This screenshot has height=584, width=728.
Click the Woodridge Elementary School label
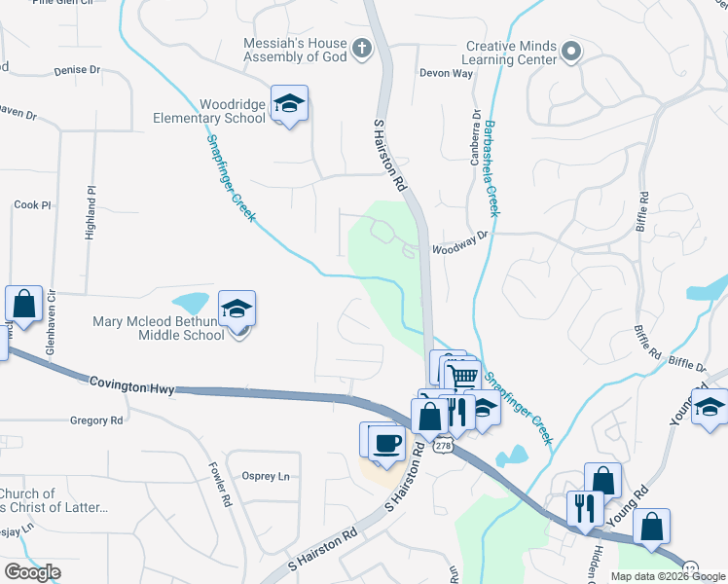pos(232,111)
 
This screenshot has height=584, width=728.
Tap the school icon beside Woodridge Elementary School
pos(289,103)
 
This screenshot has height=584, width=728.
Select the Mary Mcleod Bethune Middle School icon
pos(237,310)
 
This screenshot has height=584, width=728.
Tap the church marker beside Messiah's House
pos(361,49)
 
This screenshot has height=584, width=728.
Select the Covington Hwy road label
pos(131,386)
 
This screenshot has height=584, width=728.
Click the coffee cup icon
pos(386,442)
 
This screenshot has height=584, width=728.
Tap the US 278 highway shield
pos(444,445)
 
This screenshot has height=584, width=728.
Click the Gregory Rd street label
pos(96,420)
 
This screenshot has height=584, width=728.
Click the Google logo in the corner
pos(32,572)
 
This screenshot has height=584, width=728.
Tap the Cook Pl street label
pos(31,205)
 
